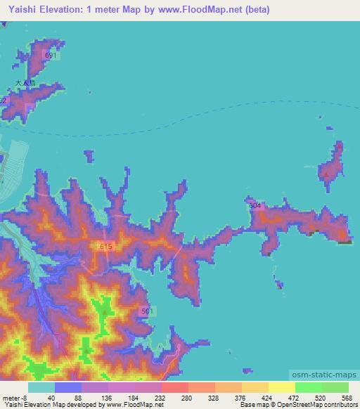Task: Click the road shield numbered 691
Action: pyautogui.click(x=49, y=55)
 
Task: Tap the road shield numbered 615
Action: pyautogui.click(x=106, y=246)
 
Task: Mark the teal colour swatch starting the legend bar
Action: pyautogui.click(x=41, y=387)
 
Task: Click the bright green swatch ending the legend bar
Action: pyautogui.click(x=335, y=387)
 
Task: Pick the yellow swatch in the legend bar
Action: pyautogui.click(x=281, y=387)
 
